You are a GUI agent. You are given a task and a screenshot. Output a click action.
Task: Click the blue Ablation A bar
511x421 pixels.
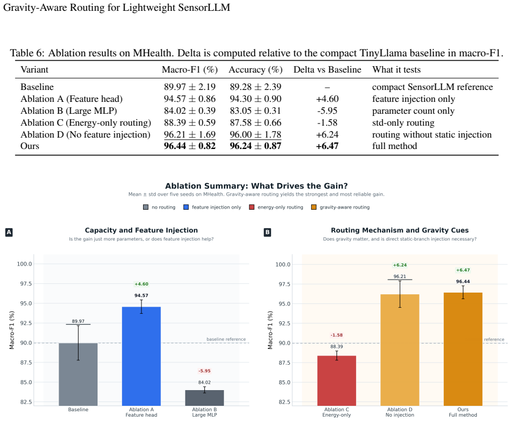pos(141,356)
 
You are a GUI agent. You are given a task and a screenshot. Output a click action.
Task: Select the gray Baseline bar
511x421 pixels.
pos(78,374)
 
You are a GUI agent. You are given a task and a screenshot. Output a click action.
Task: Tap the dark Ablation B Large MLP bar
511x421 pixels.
pos(204,398)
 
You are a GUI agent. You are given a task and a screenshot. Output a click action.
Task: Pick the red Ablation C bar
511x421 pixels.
pos(337,380)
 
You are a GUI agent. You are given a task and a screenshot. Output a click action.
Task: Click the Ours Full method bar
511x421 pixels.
pos(463,349)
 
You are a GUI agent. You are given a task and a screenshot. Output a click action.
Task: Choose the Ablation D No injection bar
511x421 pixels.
pos(400,350)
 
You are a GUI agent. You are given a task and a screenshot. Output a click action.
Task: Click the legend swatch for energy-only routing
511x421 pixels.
pos(251,207)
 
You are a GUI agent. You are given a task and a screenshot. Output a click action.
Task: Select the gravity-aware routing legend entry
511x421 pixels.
pos(340,207)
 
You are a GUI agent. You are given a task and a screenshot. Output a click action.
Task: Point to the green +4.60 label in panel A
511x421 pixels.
pos(141,284)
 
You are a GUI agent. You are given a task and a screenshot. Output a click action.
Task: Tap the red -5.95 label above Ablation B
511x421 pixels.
pos(205,371)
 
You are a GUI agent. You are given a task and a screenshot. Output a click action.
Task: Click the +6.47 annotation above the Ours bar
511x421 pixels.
pos(463,270)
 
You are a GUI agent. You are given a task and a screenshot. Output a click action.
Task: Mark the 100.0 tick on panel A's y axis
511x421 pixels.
pos(24,264)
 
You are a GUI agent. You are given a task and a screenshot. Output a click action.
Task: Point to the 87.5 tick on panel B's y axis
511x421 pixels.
pos(284,362)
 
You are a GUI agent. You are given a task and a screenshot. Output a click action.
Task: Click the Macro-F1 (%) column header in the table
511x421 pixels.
pos(190,70)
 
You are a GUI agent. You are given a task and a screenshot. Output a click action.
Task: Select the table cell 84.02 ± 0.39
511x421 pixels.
pos(190,111)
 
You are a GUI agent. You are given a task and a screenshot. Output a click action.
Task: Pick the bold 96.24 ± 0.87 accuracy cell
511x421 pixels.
pos(256,146)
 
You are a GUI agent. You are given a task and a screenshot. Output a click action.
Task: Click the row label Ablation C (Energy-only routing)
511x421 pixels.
pos(86,123)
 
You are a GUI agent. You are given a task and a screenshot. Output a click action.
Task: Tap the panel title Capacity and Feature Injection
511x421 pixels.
pos(141,230)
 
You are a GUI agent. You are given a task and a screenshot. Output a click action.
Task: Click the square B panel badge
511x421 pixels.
pos(267,232)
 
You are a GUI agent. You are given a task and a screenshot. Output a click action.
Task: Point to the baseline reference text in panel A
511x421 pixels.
pos(226,339)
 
